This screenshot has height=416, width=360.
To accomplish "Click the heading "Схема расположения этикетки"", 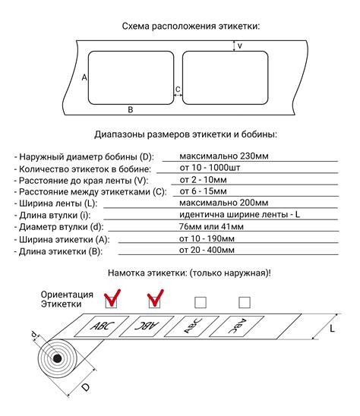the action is pos(191,27).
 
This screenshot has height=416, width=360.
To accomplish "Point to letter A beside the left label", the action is pos(84,78).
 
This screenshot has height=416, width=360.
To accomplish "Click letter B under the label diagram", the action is pos(131,110).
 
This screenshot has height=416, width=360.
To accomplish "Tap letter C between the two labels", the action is pos(178,90).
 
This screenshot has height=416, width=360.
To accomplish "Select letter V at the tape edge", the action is pos(240,46).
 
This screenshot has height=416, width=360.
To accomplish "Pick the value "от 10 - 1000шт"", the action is pos(211,167).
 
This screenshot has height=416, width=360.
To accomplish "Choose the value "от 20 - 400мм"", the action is pos(207,249).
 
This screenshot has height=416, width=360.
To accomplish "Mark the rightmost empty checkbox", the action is pos(243,301).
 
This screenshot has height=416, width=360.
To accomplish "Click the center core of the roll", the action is pos(58,359).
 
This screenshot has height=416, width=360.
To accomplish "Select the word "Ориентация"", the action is pos(67,295).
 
